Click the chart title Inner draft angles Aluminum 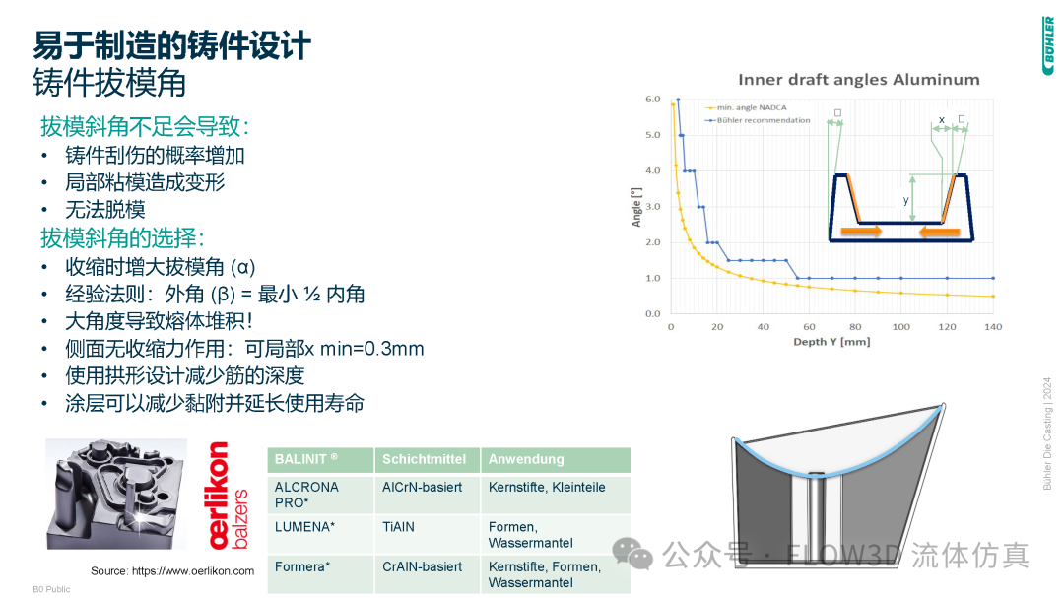[x=859, y=80]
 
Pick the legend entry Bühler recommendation [x=763, y=120]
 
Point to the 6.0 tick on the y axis [x=652, y=100]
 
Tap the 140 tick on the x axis [x=993, y=326]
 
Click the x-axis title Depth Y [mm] [x=831, y=341]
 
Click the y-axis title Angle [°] [x=636, y=206]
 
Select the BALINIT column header [x=306, y=459]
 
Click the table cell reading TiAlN [x=398, y=527]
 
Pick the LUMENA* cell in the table [x=304, y=527]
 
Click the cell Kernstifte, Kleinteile [x=547, y=487]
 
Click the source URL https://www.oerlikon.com [x=172, y=570]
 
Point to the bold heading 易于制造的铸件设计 [x=172, y=45]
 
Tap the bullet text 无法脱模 [x=105, y=210]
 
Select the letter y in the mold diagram [x=906, y=200]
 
